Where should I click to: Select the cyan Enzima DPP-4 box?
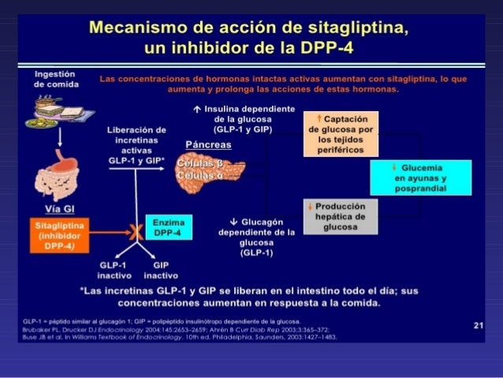click(166, 226)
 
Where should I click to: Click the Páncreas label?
click(208, 145)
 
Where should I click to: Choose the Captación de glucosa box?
click(341, 134)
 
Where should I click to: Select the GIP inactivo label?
click(160, 270)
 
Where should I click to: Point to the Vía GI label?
click(60, 208)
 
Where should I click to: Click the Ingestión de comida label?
click(55, 78)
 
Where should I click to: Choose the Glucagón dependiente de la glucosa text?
click(256, 238)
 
